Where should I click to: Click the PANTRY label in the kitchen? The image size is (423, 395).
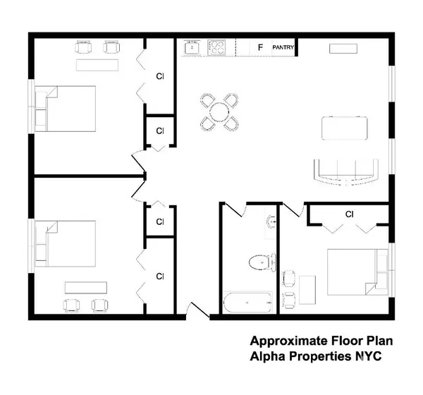point(283,48)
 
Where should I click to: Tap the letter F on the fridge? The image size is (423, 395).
point(260,48)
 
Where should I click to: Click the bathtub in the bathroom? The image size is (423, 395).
point(247,303)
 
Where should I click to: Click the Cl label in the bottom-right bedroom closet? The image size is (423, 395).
point(349,214)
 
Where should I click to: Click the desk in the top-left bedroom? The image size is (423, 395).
point(98,65)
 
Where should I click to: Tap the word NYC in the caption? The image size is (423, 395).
point(367,356)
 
